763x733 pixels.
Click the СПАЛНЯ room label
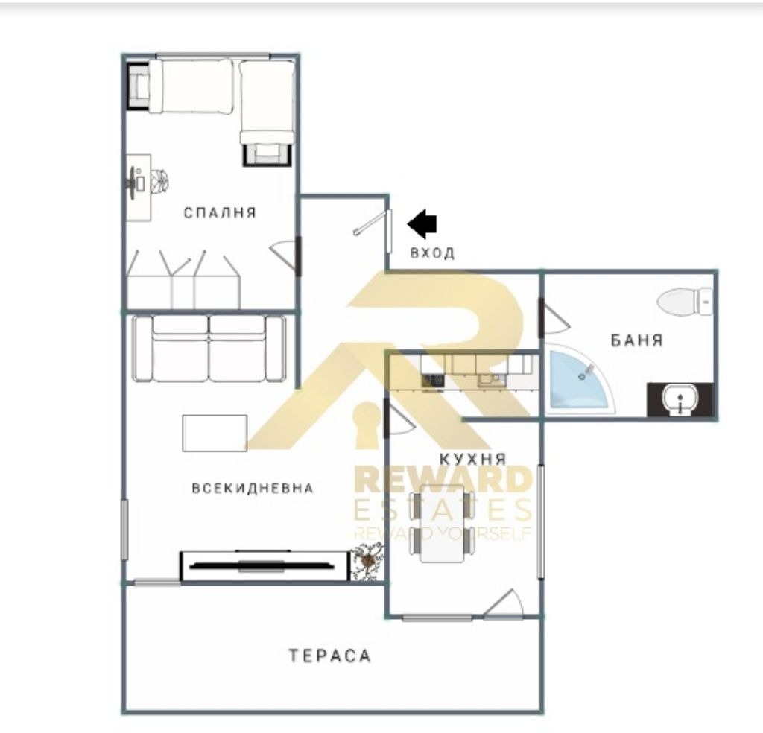(x=220, y=212)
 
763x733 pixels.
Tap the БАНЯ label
(x=637, y=340)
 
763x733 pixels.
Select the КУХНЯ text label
(x=473, y=459)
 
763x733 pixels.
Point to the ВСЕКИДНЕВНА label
(x=253, y=488)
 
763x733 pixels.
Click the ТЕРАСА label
(x=330, y=656)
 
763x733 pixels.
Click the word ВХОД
(x=433, y=253)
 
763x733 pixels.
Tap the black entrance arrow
(x=422, y=224)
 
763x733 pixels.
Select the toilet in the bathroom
(x=685, y=302)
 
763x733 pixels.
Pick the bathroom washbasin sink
(x=680, y=399)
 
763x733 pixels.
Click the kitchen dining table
(x=443, y=524)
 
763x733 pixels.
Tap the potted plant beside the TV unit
(x=367, y=562)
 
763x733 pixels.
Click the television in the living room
(x=262, y=565)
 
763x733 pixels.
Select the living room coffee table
(x=215, y=433)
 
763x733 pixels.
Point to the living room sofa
(x=209, y=349)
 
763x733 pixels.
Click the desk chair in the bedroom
(x=159, y=182)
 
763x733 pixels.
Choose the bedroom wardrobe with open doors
(x=184, y=279)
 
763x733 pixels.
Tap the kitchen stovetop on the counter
(x=433, y=381)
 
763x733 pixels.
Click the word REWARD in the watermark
(x=443, y=480)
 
